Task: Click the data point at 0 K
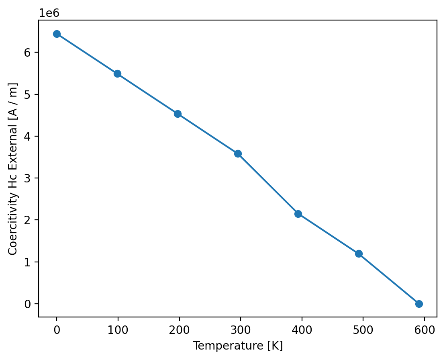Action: [x=57, y=34]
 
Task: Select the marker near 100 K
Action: [x=117, y=74]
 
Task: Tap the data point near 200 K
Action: [x=178, y=114]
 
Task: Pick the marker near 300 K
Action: [x=238, y=153]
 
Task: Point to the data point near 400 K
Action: [x=298, y=214]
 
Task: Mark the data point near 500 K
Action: [x=359, y=254]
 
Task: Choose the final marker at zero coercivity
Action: [x=419, y=304]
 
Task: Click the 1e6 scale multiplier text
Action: [x=49, y=13]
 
